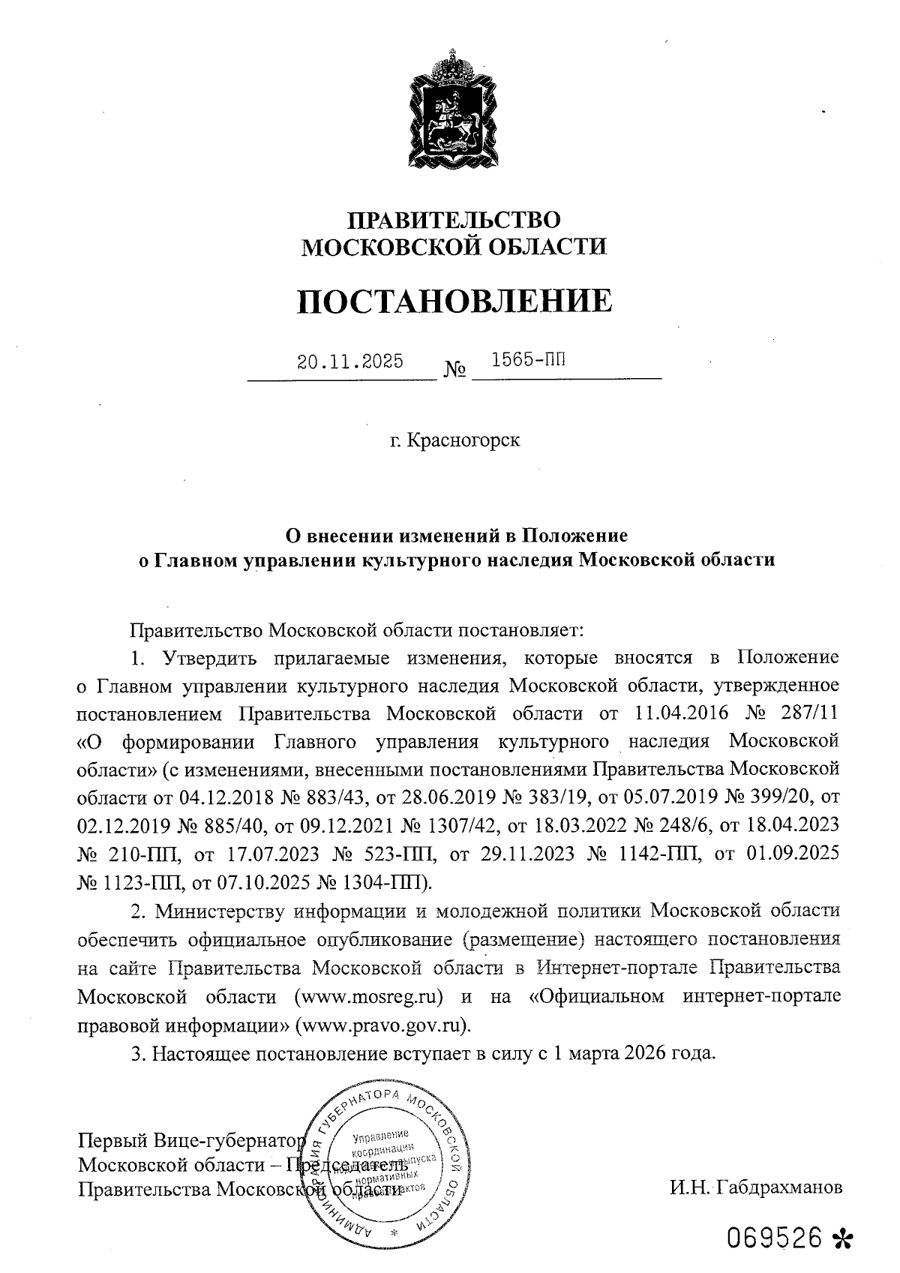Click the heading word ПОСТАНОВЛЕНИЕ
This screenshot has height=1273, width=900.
click(454, 301)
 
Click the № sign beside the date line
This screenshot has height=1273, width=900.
click(455, 370)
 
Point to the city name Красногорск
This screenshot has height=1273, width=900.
click(463, 440)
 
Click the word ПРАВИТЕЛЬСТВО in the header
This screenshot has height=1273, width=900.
click(454, 220)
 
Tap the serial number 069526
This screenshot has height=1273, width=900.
click(776, 1238)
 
